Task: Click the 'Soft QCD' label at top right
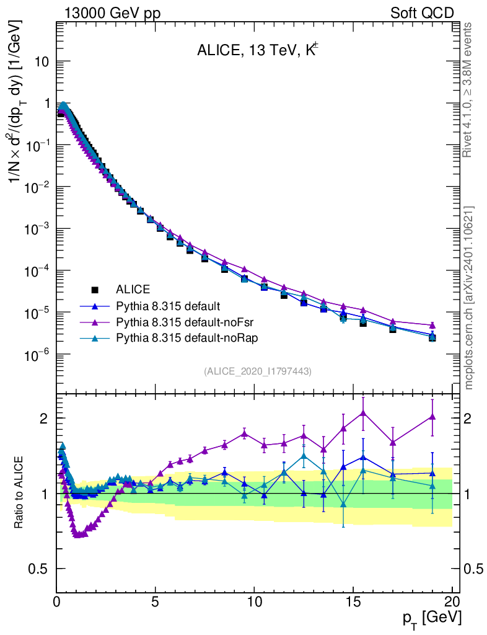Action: click(422, 13)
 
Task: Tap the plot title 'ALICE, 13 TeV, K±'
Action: click(257, 51)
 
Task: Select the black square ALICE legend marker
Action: click(95, 289)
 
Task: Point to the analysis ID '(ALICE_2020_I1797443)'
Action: click(257, 371)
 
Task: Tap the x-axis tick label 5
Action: click(156, 602)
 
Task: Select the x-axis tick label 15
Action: click(353, 602)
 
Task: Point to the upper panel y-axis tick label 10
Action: click(43, 62)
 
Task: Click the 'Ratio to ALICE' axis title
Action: click(20, 494)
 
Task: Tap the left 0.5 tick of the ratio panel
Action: click(41, 569)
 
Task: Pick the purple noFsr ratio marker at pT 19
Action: click(432, 417)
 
